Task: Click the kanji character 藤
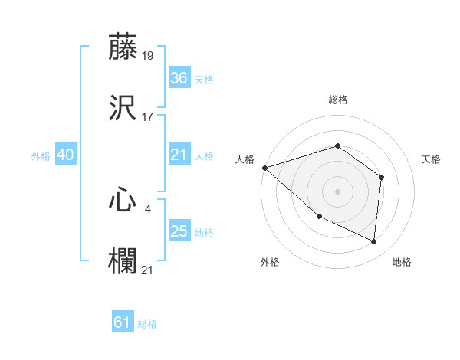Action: click(124, 47)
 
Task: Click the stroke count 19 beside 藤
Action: click(148, 55)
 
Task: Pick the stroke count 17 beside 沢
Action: click(148, 117)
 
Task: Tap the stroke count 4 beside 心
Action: click(147, 207)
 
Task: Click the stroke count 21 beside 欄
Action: click(148, 269)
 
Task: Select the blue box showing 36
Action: click(179, 78)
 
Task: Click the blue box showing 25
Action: click(179, 231)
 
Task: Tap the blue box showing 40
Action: click(65, 155)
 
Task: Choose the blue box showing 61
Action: click(123, 322)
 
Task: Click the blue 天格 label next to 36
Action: click(203, 79)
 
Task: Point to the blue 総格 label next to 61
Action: click(147, 324)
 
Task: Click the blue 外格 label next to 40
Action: click(41, 155)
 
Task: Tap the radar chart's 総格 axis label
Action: click(337, 100)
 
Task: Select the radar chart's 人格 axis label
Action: click(245, 159)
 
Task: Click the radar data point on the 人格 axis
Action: click(264, 167)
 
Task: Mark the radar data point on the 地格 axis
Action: click(374, 241)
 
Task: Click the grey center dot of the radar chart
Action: click(337, 191)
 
